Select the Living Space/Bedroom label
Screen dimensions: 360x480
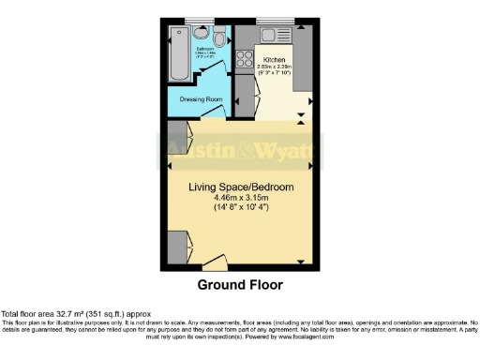(x=241, y=187)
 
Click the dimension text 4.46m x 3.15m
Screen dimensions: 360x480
(x=241, y=199)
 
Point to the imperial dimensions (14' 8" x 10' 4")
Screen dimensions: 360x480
(x=241, y=209)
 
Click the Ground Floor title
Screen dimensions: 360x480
(x=239, y=284)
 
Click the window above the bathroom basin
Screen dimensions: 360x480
(x=200, y=19)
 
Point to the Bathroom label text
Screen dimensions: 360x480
(x=204, y=51)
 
